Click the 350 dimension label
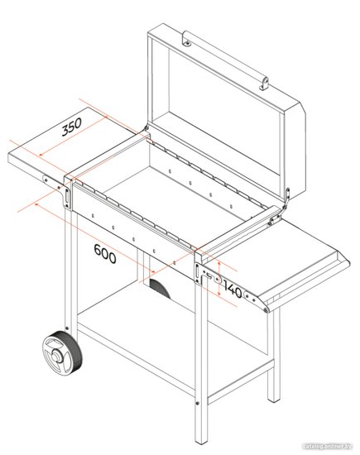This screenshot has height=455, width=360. coord(71,127)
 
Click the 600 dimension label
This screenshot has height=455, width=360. coord(105,254)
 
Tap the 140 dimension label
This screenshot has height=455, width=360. coord(233,290)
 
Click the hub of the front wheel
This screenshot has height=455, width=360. coord(55,355)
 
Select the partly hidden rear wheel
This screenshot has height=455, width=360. coord(159,288)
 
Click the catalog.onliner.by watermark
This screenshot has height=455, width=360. coord(327,446)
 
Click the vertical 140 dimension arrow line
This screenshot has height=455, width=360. coord(219,278)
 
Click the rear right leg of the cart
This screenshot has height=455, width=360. coord(273,354)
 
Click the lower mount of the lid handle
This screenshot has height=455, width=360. coord(264,84)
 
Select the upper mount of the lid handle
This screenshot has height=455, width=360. coord(187,40)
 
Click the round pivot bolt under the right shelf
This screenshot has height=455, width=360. coord(266,310)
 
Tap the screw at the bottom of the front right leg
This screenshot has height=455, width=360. coord(198,403)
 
